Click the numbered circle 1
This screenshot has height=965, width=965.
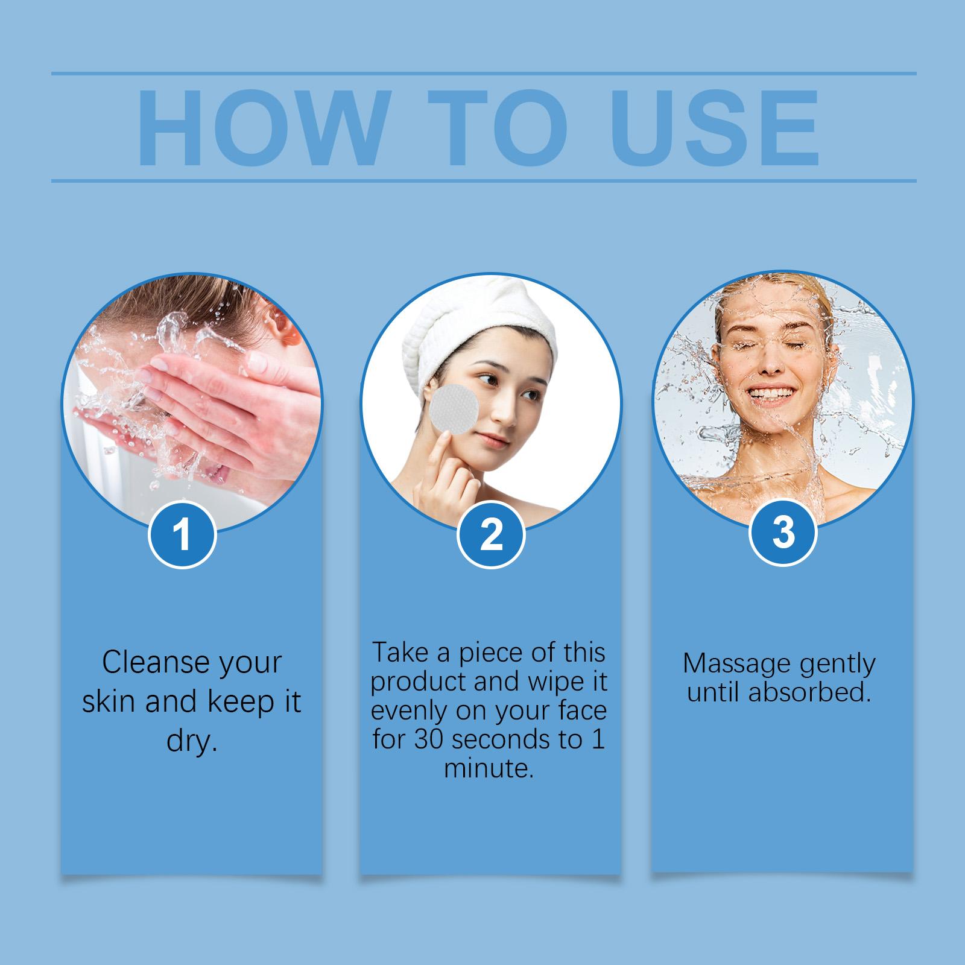(x=182, y=535)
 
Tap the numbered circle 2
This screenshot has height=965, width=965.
(x=491, y=535)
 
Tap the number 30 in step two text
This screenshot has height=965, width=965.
(x=431, y=739)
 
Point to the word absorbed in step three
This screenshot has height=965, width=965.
(x=809, y=692)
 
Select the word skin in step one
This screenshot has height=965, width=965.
(x=110, y=701)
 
